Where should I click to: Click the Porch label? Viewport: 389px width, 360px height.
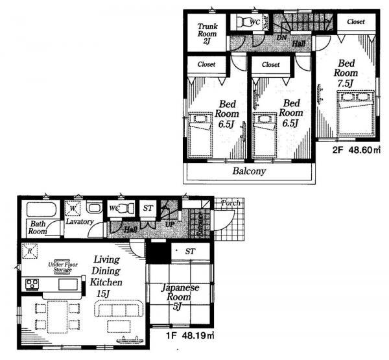coord(230,203)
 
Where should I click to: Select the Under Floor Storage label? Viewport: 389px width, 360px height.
coord(64,267)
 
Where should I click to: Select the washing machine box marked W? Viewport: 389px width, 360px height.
coord(72,209)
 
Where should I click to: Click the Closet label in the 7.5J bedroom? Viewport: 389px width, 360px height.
coord(355,21)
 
